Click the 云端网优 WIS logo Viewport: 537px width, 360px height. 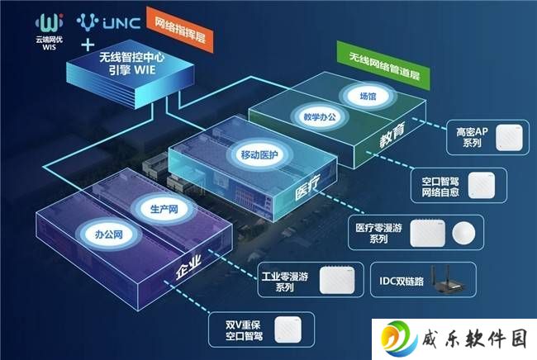(x=50, y=31)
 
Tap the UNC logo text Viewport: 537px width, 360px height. (x=121, y=23)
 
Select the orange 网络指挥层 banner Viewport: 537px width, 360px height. (x=180, y=30)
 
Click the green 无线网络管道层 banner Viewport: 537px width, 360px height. (x=383, y=65)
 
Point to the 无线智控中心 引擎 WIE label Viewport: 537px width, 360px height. (x=132, y=64)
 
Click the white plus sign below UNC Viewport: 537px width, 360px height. (x=88, y=45)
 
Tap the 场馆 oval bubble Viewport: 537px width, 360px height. (x=368, y=96)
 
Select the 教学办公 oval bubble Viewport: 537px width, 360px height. (x=320, y=117)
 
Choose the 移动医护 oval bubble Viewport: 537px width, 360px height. (x=259, y=155)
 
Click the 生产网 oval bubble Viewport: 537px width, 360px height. (x=164, y=209)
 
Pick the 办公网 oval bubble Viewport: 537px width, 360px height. (x=108, y=234)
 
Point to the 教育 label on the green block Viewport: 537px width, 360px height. (x=392, y=135)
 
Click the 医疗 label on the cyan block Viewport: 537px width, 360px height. (x=307, y=187)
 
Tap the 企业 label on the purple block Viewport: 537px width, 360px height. (x=188, y=268)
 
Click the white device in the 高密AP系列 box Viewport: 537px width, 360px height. (x=509, y=138)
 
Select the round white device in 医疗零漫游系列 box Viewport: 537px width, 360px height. (x=463, y=234)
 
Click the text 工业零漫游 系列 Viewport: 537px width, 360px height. (x=284, y=282)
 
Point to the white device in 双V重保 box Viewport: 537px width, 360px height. (x=288, y=329)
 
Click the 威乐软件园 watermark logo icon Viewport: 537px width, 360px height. (x=399, y=339)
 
